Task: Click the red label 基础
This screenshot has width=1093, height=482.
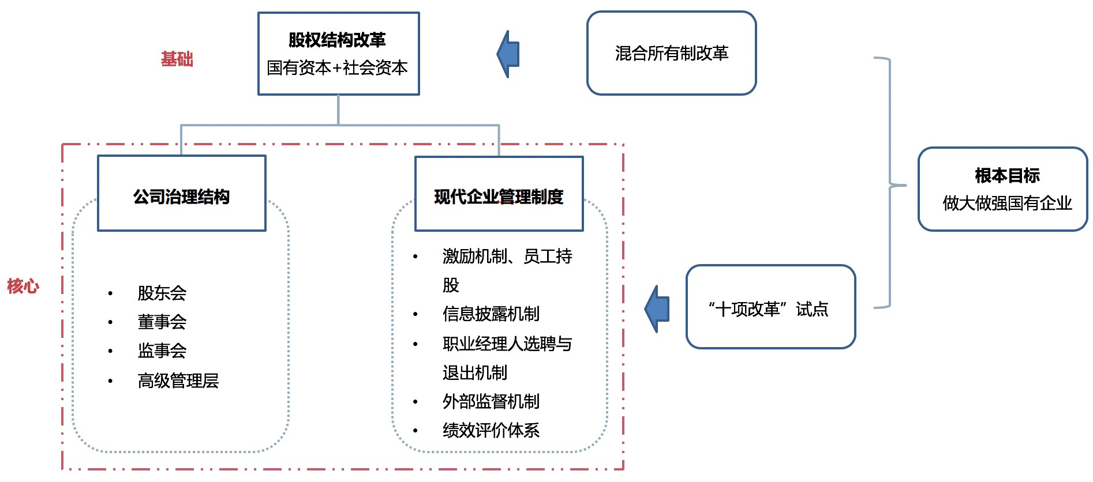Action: pyautogui.click(x=177, y=59)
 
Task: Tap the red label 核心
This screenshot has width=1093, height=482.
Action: pyautogui.click(x=23, y=285)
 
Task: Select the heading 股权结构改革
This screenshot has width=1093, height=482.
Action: pyautogui.click(x=337, y=40)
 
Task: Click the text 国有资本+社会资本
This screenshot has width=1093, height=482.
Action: pyautogui.click(x=337, y=67)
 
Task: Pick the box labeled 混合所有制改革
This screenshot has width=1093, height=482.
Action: pyautogui.click(x=671, y=53)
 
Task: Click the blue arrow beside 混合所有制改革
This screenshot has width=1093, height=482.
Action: pyautogui.click(x=508, y=54)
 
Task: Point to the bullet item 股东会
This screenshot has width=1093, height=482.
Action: pyautogui.click(x=162, y=293)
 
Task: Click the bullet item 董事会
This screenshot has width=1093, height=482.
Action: pyautogui.click(x=162, y=322)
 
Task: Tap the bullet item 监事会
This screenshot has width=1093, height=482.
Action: pyautogui.click(x=162, y=351)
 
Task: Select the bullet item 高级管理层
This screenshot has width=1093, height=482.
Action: pyautogui.click(x=178, y=381)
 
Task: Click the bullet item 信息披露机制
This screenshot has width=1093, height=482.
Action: pyautogui.click(x=491, y=314)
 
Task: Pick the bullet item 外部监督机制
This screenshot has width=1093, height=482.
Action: pyautogui.click(x=491, y=401)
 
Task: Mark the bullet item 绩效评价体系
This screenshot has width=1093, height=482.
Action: pyautogui.click(x=491, y=430)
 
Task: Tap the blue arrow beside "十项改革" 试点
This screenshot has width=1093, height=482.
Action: pyautogui.click(x=657, y=309)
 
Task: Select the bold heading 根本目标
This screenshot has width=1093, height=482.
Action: pyautogui.click(x=1007, y=175)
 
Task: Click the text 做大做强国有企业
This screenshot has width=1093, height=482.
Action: pyautogui.click(x=1007, y=203)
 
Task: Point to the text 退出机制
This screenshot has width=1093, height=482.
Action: pyautogui.click(x=475, y=372)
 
